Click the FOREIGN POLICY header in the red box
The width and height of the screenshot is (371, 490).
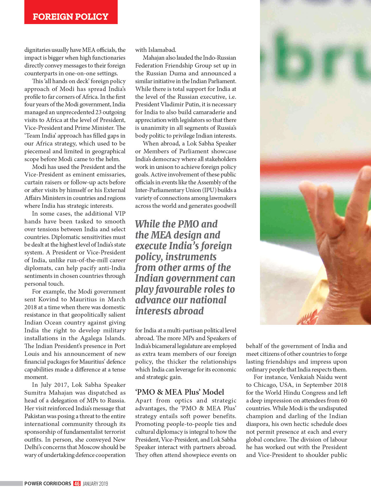tap(70, 17)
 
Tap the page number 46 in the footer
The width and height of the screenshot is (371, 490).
tap(77, 484)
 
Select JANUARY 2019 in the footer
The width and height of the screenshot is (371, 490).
tap(95, 484)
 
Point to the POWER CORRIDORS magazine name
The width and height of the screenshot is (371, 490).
tap(48, 484)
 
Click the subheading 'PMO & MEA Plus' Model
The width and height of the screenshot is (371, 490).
tap(179, 392)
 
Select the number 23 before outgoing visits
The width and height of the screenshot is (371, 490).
tap(98, 112)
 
